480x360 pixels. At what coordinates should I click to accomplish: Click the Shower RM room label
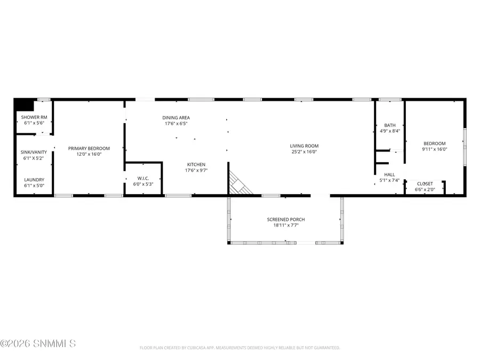click(x=34, y=117)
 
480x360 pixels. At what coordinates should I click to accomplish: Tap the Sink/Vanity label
click(x=34, y=152)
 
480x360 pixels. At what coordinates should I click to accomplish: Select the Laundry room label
click(x=34, y=180)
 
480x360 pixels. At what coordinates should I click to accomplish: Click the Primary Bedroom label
click(x=89, y=148)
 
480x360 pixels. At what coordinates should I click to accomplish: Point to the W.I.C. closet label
click(x=143, y=179)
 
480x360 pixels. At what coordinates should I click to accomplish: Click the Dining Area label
click(x=176, y=118)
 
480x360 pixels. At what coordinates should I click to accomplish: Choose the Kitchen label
click(x=196, y=164)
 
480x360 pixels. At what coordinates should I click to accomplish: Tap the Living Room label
click(x=304, y=146)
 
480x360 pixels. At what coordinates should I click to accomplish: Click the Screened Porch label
click(x=286, y=220)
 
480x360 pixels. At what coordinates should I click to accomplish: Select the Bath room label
click(x=389, y=125)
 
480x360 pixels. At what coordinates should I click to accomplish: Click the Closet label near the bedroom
click(x=425, y=183)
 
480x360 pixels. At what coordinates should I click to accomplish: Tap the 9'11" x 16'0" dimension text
click(x=434, y=149)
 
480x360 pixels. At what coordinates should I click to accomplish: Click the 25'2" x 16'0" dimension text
click(x=304, y=151)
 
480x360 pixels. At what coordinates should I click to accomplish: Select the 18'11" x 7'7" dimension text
click(x=286, y=226)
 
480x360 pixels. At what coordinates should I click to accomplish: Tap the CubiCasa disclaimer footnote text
click(x=239, y=348)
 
